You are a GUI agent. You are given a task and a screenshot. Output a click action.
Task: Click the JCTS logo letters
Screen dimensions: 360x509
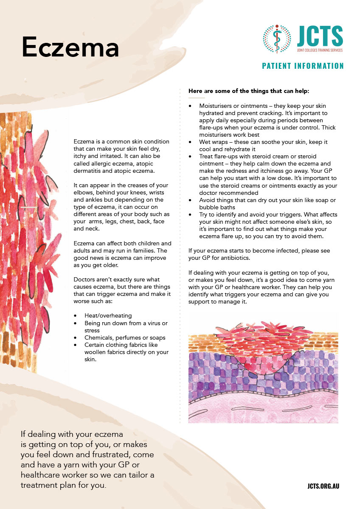[x=320, y=37]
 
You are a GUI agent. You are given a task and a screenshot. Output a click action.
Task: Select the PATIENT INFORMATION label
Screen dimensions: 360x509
[x=303, y=66]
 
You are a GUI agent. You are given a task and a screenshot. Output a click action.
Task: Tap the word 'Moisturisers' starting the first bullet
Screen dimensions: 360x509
[x=217, y=105]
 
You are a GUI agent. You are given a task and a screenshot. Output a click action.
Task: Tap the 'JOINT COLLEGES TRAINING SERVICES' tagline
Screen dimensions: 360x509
[x=320, y=50]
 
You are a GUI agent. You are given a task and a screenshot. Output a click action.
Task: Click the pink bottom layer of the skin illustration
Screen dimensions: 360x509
[x=263, y=408]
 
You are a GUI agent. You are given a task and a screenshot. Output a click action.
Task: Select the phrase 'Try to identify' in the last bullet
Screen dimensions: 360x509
[x=220, y=215]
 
